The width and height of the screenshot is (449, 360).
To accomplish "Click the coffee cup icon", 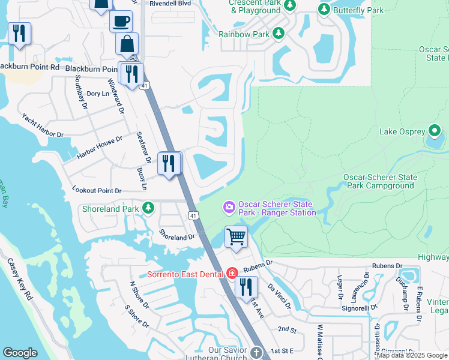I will click(x=121, y=21).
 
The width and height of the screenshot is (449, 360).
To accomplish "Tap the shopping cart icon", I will click(x=237, y=236).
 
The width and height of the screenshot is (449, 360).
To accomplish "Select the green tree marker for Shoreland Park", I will click(x=148, y=209).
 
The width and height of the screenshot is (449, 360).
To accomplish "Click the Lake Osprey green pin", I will click(x=434, y=131).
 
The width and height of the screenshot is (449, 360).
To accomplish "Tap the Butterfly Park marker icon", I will click(x=324, y=10).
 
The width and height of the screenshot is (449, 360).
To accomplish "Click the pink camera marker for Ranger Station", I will click(x=229, y=208).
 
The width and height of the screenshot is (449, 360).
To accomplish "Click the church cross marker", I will click(x=256, y=352).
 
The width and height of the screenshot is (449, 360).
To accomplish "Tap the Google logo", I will click(x=20, y=352).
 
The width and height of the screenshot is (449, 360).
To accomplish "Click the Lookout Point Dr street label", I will click(x=97, y=190).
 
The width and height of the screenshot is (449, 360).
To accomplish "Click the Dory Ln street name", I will click(x=97, y=94).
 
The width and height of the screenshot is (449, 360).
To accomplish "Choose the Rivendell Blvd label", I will click(x=171, y=2).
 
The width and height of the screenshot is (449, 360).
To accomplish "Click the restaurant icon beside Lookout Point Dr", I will click(x=169, y=164).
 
